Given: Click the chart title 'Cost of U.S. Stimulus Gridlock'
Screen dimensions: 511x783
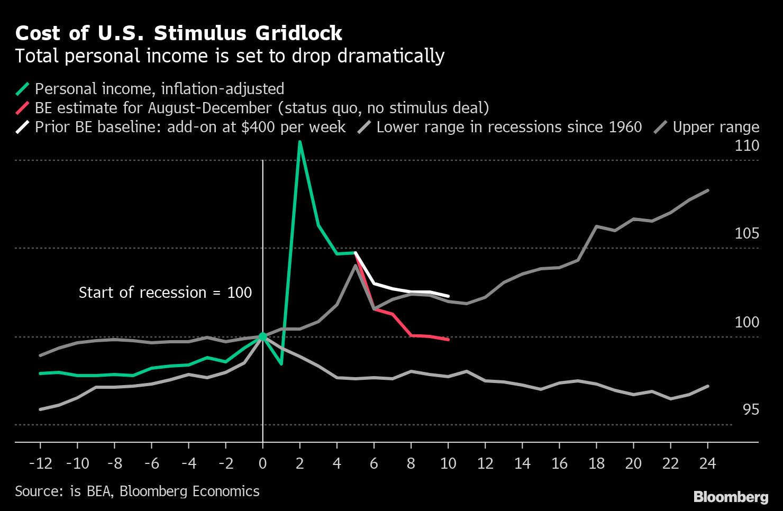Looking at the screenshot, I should click(179, 33).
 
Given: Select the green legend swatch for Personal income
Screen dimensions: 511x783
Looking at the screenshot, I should click(23, 89).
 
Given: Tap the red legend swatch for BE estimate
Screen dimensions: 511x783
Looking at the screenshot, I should click(23, 108).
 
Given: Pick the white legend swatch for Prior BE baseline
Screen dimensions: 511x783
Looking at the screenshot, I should click(23, 127).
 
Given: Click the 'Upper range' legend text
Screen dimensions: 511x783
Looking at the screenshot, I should click(716, 127).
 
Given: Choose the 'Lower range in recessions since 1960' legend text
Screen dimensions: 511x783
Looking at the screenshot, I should click(509, 127).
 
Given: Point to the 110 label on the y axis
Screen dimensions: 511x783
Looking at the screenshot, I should click(746, 145).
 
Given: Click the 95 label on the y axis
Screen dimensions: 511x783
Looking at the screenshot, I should click(750, 409).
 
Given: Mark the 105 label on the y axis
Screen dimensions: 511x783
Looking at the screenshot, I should click(746, 233).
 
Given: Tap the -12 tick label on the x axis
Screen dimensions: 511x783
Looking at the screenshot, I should click(41, 463).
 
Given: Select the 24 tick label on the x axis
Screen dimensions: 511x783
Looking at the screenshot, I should click(707, 463).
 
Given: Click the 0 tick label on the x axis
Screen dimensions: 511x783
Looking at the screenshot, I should click(262, 463).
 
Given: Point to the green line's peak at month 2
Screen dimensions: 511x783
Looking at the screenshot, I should click(300, 142).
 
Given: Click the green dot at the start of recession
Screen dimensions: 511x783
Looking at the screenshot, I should click(262, 336).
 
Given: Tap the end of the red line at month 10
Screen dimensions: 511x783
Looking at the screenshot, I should click(448, 339).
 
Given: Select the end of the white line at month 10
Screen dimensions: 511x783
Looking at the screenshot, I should click(448, 296).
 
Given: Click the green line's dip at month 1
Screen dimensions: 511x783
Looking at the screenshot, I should click(281, 364).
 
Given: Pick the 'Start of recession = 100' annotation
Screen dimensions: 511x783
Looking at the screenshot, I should click(165, 293).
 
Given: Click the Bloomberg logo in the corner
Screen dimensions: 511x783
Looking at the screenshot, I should click(731, 497).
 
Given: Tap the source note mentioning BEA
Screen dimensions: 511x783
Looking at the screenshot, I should click(137, 491).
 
